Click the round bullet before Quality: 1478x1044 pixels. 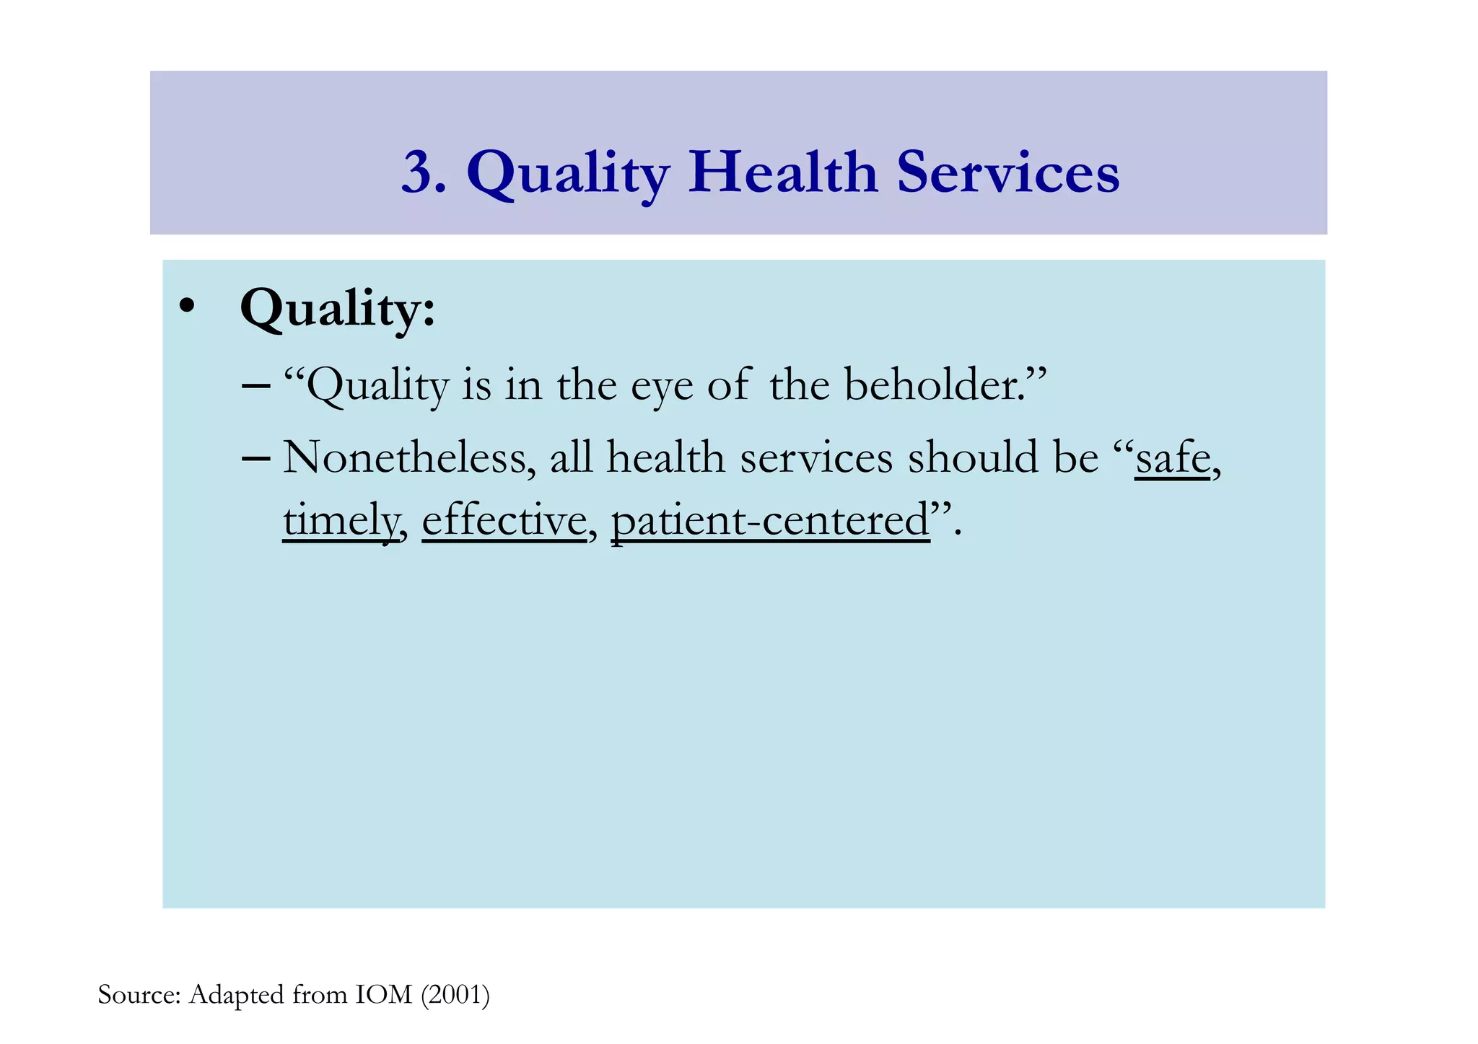(x=187, y=306)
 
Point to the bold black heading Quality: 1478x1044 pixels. (x=338, y=309)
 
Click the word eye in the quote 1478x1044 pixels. (x=662, y=387)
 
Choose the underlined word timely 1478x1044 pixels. (x=340, y=521)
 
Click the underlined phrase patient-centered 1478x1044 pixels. (x=770, y=521)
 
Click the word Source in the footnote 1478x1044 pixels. (x=138, y=995)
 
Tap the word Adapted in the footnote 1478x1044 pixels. (x=236, y=996)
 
